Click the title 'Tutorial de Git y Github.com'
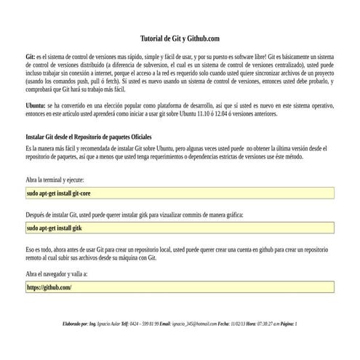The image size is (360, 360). pos(179,39)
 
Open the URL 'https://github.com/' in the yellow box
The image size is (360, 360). pos(49,287)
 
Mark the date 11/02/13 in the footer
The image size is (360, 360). pos(237,324)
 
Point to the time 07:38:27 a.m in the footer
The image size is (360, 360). pos(271,324)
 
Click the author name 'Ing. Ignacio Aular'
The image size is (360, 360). pos(105,324)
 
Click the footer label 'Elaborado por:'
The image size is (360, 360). pos(76,324)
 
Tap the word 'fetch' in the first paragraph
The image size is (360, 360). pos(104,82)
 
